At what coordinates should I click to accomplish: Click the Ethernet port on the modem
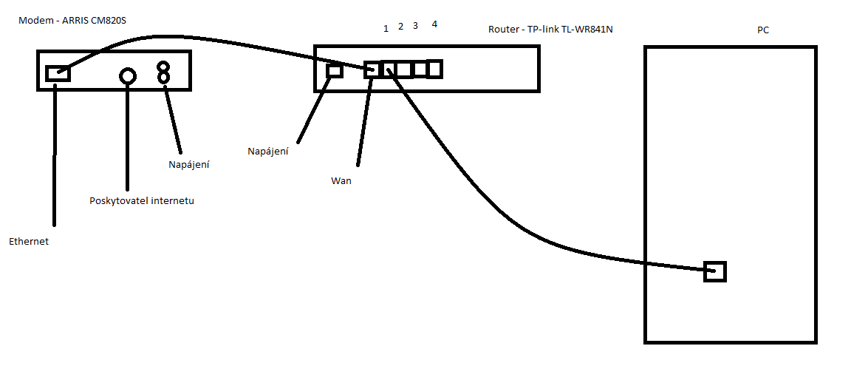58,72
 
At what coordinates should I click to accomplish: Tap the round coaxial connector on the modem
128,75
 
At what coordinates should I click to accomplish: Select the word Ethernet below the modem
29,242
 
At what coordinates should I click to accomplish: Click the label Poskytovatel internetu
141,200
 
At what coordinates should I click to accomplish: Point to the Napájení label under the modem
189,165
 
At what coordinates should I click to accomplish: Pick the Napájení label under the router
267,152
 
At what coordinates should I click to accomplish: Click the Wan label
341,180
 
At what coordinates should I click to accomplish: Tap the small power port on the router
335,71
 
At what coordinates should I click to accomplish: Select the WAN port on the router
372,69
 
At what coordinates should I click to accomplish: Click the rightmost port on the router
434,69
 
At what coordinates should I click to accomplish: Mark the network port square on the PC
715,271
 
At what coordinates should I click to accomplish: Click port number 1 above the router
386,29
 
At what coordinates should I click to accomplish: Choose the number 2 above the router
400,27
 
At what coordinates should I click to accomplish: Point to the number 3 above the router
415,27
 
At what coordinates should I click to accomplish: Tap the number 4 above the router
434,24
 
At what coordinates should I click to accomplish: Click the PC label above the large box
763,30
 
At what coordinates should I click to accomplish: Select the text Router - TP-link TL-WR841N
550,30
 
